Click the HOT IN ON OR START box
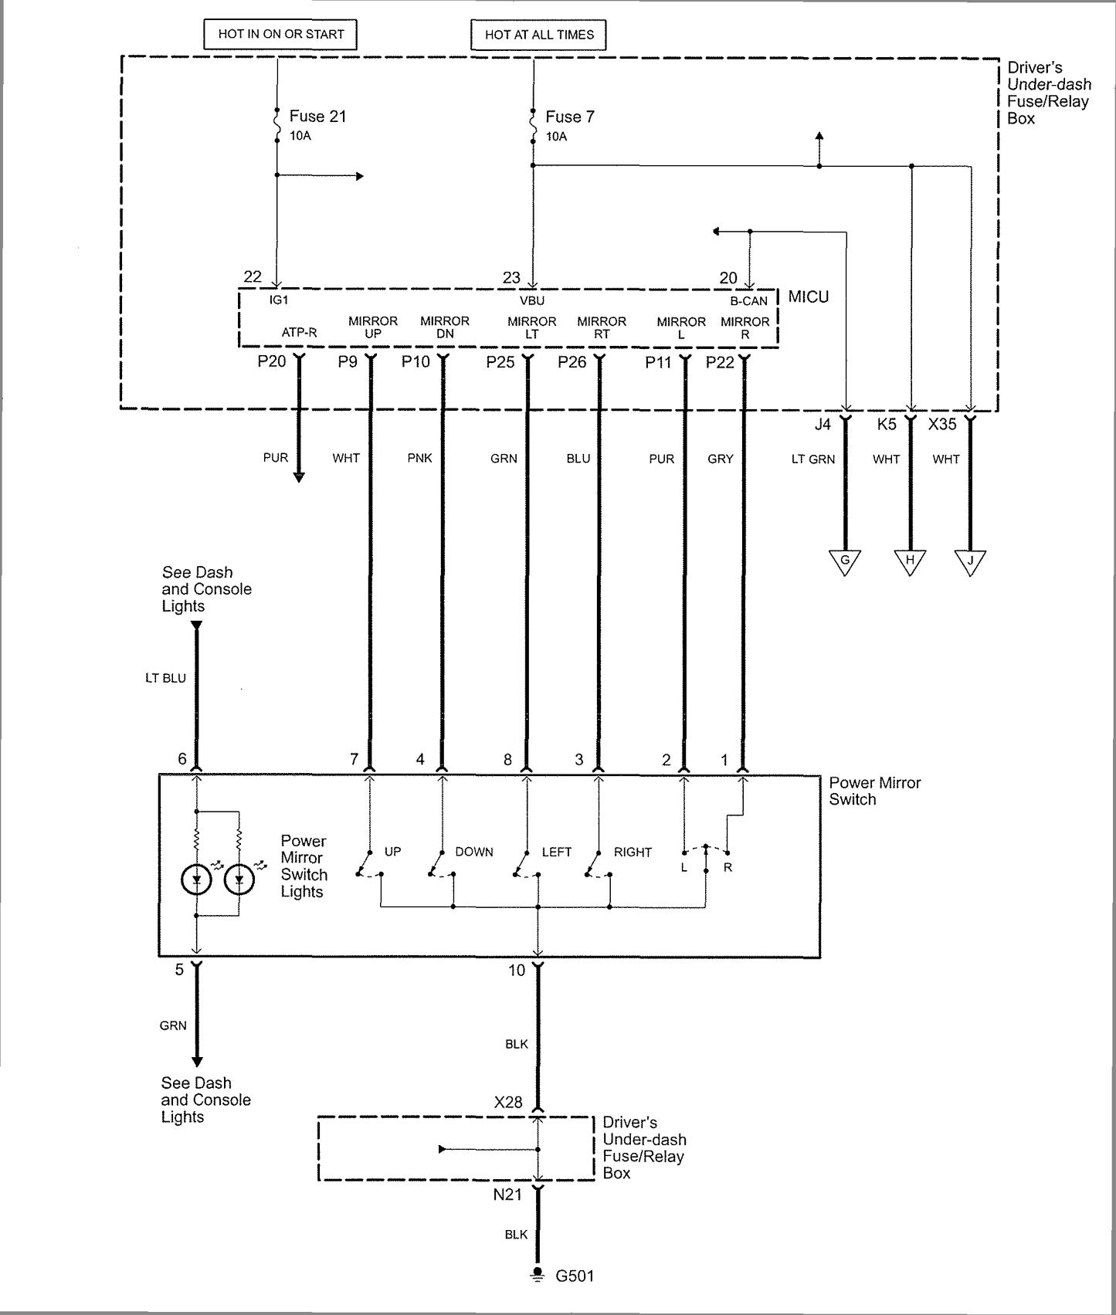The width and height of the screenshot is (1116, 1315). (281, 34)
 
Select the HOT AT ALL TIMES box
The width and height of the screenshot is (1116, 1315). (539, 35)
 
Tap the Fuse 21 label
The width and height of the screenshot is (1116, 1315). (317, 117)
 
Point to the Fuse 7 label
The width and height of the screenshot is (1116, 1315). (570, 117)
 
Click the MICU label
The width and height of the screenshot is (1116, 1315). (809, 297)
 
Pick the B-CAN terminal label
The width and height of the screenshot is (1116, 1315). (748, 300)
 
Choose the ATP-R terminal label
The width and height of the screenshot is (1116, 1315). (299, 333)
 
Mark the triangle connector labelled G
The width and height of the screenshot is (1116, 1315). (845, 561)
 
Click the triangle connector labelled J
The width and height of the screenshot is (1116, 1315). (970, 561)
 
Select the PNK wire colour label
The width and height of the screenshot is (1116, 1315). (419, 458)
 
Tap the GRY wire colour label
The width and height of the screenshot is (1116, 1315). (721, 459)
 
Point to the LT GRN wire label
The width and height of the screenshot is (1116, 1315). (813, 459)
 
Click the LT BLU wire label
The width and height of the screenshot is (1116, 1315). (165, 678)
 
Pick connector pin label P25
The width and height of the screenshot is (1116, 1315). (500, 362)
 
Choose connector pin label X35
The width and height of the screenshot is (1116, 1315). (942, 424)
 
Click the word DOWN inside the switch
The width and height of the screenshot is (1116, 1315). (474, 852)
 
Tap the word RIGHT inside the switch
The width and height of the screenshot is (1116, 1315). (633, 852)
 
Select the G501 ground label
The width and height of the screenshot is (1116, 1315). (575, 1276)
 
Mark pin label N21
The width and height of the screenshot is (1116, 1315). (507, 1195)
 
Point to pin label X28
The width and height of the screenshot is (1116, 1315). (508, 1103)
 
